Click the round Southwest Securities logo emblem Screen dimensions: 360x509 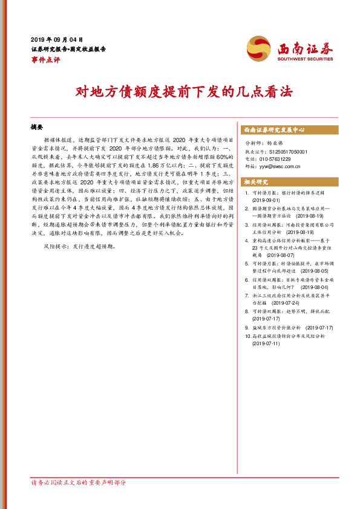(x=259, y=48)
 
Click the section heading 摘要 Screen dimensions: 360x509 (x=38, y=129)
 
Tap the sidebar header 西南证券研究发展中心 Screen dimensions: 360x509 (x=273, y=130)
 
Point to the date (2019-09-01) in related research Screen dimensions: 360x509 (x=266, y=200)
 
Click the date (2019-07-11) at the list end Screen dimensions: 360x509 (x=266, y=343)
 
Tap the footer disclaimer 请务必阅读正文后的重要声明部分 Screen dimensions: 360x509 (x=79, y=483)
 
